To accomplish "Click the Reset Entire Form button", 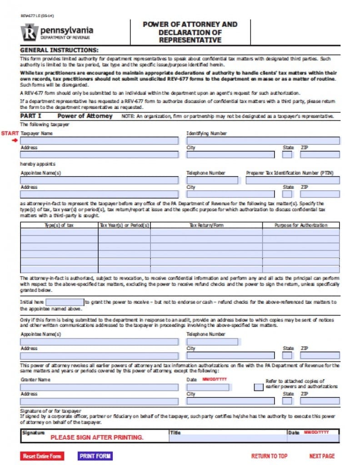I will [42, 456].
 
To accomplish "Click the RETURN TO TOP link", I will [270, 456].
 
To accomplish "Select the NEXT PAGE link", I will [322, 456].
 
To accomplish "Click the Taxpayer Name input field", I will [99, 141].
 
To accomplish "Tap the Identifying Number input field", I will [263, 141].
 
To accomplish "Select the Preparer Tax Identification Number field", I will [292, 180].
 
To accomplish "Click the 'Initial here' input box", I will [65, 302].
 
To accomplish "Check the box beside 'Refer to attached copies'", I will [258, 387].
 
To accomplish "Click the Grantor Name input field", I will [99, 387].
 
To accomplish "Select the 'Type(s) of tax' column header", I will [59, 225].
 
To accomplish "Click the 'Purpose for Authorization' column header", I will [300, 225].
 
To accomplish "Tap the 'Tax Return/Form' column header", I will [206, 225].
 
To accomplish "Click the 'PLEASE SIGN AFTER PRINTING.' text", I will [97, 437].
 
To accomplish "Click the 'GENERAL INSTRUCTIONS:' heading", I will [59, 50].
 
